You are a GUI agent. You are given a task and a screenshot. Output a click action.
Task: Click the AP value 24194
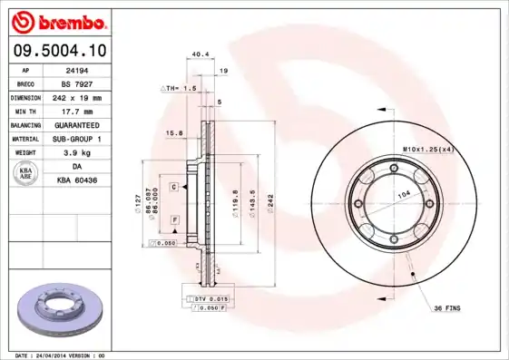tap(76, 69)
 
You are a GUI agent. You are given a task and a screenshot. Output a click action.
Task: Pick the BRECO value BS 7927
tap(76, 83)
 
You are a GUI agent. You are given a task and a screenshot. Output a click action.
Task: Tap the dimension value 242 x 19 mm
tap(76, 97)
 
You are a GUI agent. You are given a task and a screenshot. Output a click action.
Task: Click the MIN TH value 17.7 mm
tap(76, 111)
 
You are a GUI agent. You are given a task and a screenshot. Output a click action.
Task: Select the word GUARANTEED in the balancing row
tap(76, 124)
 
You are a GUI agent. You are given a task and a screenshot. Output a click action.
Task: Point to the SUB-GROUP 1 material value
tap(76, 139)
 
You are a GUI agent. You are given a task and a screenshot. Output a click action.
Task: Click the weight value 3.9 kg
tap(76, 152)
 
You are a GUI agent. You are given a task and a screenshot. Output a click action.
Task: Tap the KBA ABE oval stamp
tap(27, 174)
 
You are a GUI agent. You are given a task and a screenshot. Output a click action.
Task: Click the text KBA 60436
tap(76, 180)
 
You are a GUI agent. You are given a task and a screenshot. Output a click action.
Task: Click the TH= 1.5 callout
tap(180, 88)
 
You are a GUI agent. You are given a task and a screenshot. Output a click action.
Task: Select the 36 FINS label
tap(445, 308)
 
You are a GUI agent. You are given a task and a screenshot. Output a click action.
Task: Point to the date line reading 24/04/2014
tap(62, 355)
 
